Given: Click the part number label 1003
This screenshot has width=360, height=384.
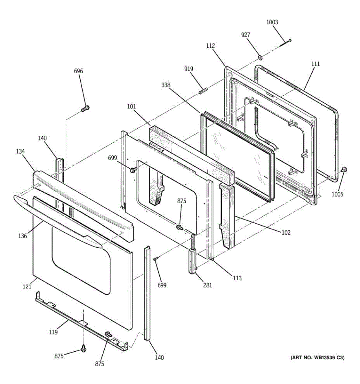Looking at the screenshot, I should (272, 22).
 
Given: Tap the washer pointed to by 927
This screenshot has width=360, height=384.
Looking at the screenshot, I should (260, 58).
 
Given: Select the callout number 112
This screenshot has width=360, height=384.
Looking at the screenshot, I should (210, 46).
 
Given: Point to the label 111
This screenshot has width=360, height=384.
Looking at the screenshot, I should (315, 64).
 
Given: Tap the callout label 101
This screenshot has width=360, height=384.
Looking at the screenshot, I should (131, 106).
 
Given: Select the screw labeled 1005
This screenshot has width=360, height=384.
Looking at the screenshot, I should (344, 169).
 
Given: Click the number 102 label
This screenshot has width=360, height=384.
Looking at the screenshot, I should (286, 232).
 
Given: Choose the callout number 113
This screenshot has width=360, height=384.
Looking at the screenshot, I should (237, 278).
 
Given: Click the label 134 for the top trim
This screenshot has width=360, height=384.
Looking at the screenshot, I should (20, 151).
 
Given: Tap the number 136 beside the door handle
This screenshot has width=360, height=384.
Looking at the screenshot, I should (22, 236).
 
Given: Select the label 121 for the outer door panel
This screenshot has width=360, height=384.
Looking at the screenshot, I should (27, 287).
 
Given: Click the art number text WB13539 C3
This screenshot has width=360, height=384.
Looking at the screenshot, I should (317, 357).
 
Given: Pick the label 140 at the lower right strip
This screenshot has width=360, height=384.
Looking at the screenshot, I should (159, 357).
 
